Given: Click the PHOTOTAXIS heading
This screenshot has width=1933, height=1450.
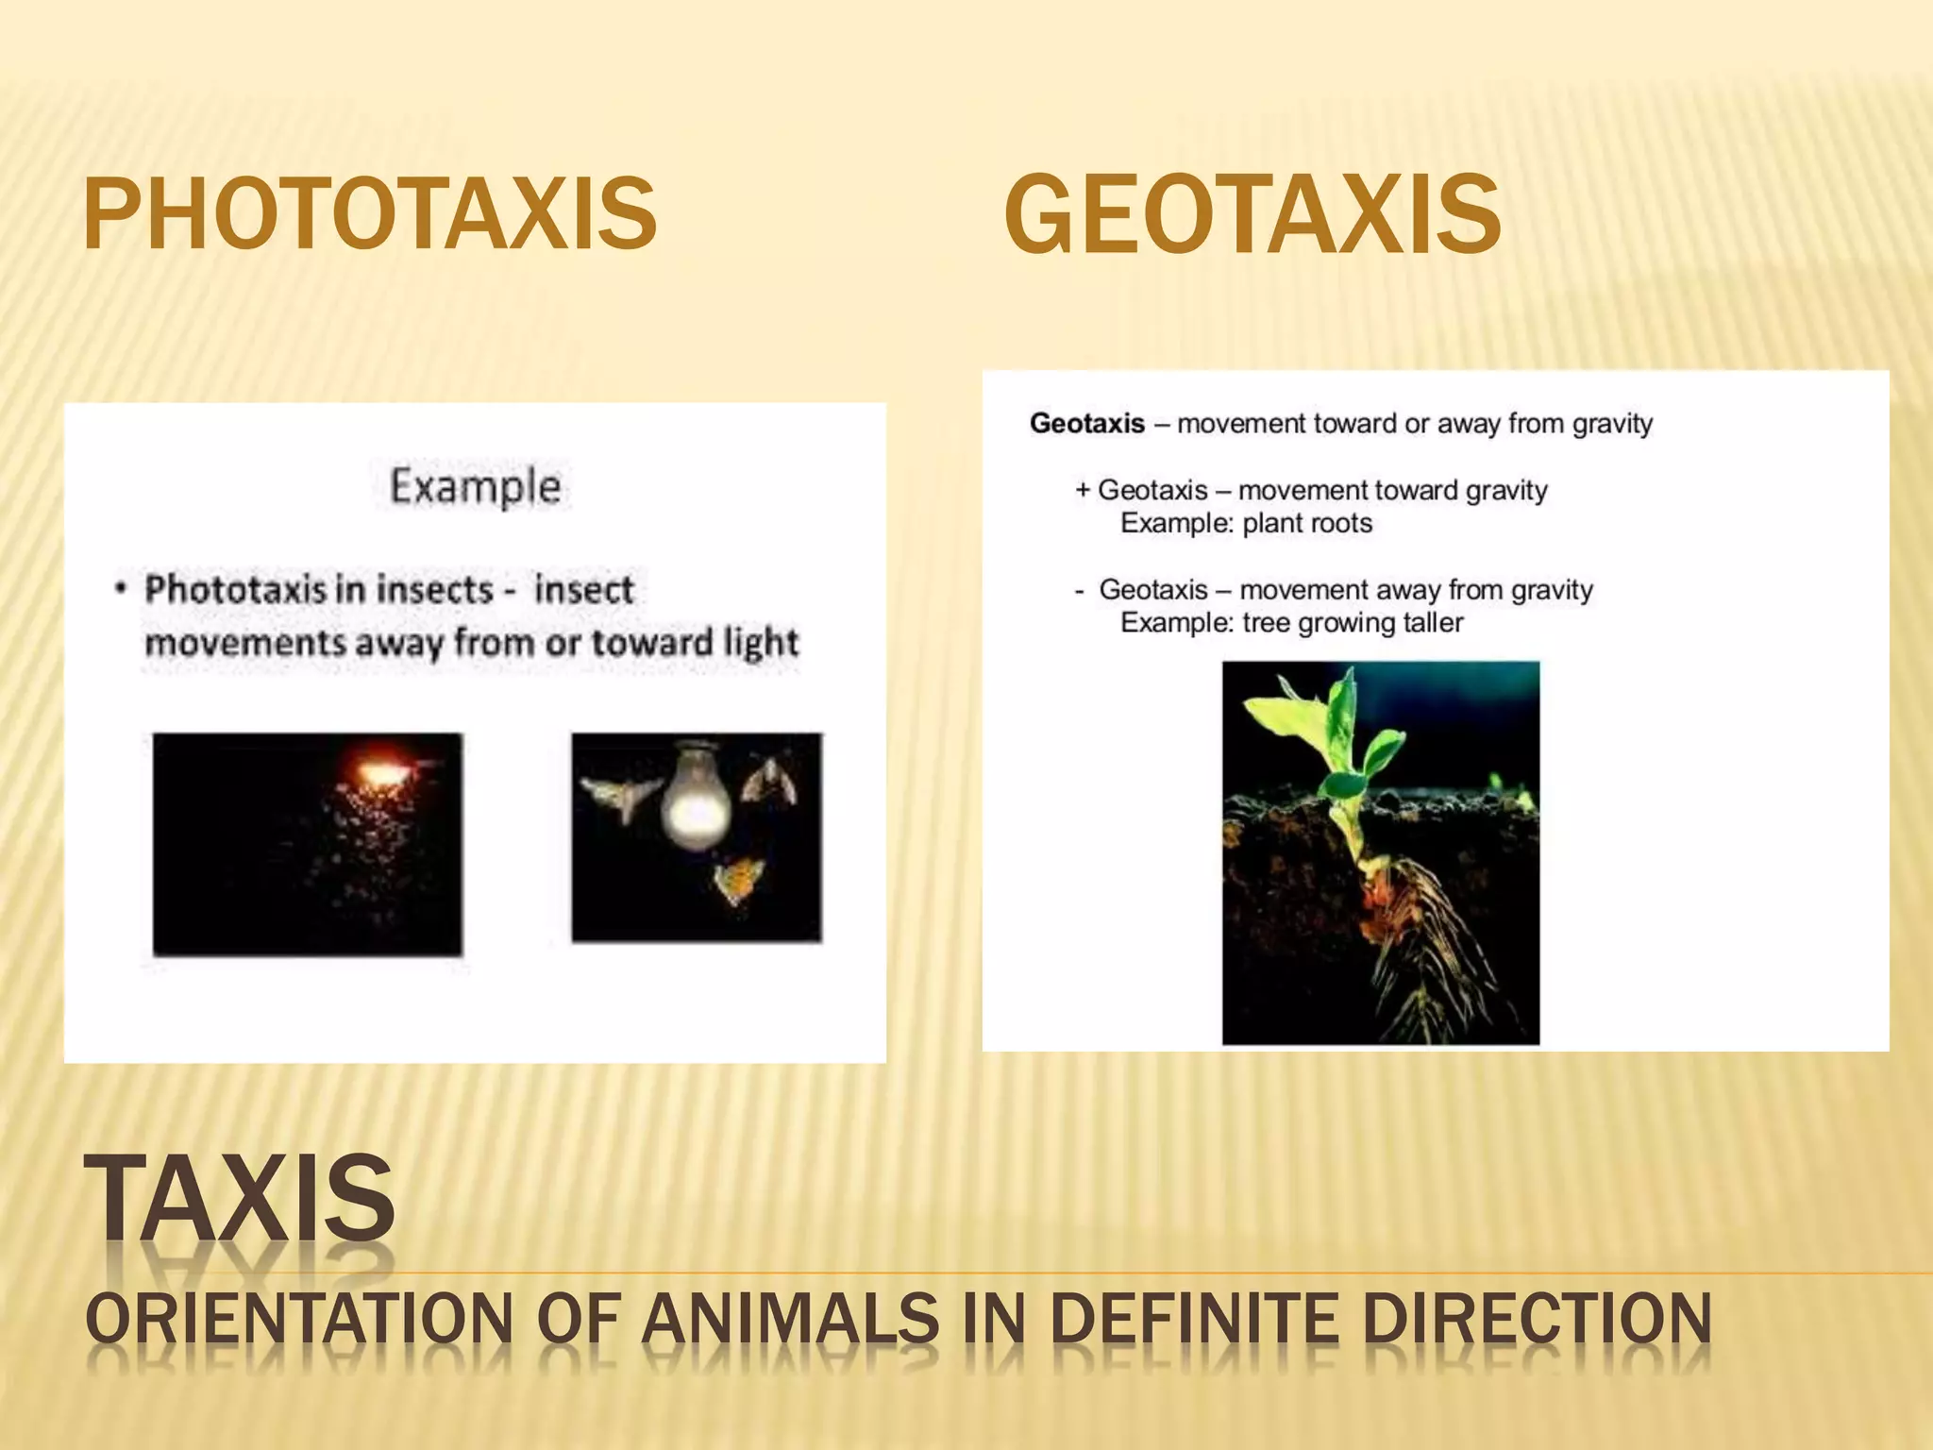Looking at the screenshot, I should [x=370, y=215].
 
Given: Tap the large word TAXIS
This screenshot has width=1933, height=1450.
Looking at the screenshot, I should [x=240, y=1199].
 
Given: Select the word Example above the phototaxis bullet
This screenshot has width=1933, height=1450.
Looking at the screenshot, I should [x=476, y=487].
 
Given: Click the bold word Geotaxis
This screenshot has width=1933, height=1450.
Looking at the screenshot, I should [x=1087, y=423].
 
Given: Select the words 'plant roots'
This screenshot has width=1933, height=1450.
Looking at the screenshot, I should [x=1307, y=523].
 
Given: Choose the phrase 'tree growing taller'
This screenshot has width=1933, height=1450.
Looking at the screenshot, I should [x=1353, y=623].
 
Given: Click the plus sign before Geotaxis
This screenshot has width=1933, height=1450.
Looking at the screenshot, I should [x=1083, y=490].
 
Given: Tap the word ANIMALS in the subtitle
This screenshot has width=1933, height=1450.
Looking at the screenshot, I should [x=790, y=1319].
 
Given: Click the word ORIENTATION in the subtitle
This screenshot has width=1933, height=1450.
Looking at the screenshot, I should [x=298, y=1319].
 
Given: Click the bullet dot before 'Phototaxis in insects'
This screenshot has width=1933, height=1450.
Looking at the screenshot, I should [x=120, y=589].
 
